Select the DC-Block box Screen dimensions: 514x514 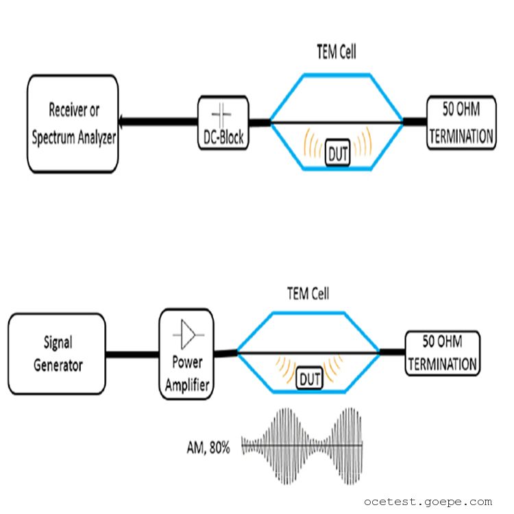click(223, 123)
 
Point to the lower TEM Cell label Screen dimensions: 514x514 click(308, 294)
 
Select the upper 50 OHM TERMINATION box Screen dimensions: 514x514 click(461, 123)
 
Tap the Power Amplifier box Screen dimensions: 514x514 click(186, 354)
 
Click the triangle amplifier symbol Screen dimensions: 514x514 click(187, 334)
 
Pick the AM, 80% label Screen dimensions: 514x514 click(208, 448)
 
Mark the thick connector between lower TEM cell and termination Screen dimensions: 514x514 click(391, 352)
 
